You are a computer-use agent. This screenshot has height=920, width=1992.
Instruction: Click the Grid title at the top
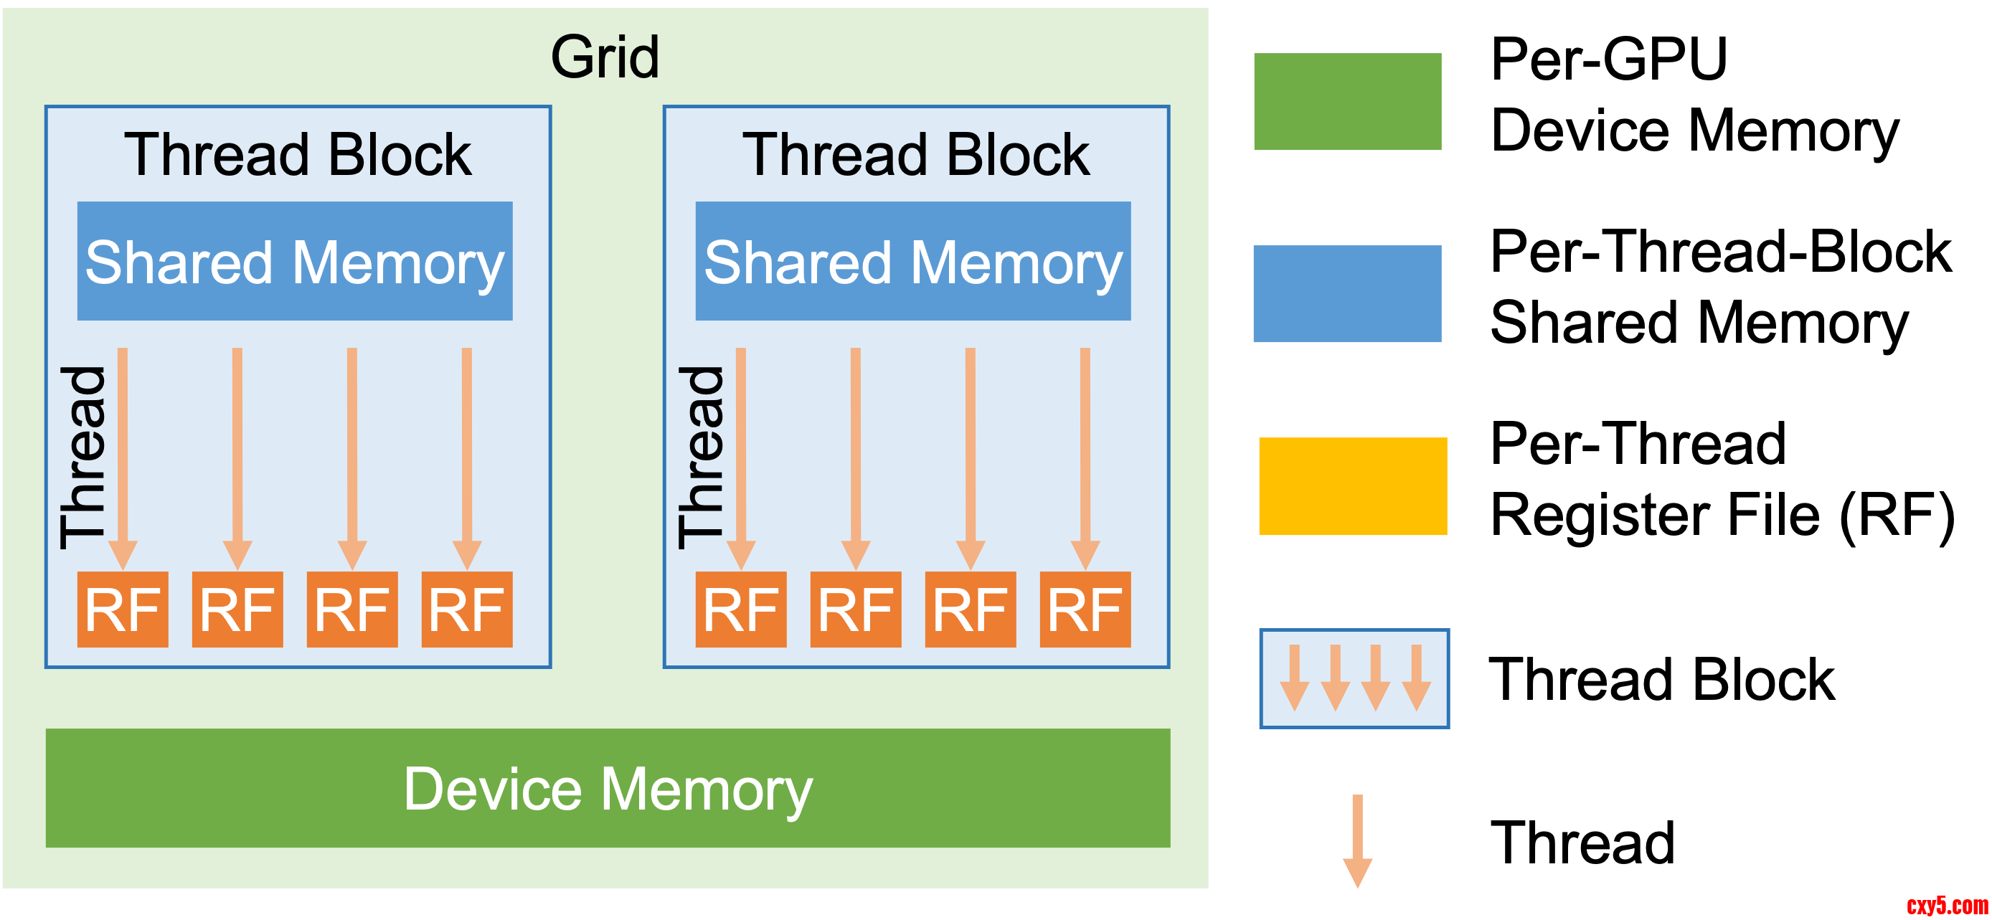605,57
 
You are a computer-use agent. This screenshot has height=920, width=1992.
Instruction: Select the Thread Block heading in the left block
298,155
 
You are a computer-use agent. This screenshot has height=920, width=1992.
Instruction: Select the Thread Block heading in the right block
915,155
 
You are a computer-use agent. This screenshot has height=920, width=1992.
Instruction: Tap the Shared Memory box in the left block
295,261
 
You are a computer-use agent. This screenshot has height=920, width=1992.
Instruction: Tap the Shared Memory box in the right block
912,261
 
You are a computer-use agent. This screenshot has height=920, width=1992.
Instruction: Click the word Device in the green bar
493,789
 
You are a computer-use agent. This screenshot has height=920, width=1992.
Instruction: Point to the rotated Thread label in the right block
702,457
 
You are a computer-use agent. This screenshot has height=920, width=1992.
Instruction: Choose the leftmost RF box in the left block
122,610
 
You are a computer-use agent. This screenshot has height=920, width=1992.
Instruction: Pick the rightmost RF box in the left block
466,610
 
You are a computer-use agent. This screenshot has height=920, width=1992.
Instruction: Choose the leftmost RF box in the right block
741,610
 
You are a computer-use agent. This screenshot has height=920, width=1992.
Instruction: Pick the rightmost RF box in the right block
1085,610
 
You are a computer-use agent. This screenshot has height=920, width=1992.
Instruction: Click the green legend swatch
1347,101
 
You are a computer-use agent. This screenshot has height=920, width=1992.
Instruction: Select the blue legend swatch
1347,294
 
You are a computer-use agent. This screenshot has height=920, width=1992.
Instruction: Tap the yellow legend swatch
1352,486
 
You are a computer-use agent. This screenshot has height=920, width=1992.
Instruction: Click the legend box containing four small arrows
1354,678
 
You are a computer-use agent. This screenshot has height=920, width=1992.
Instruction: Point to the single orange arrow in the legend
1357,840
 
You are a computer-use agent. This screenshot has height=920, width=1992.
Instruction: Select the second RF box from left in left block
237,610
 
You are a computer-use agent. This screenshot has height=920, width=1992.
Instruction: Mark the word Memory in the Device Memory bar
707,789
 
